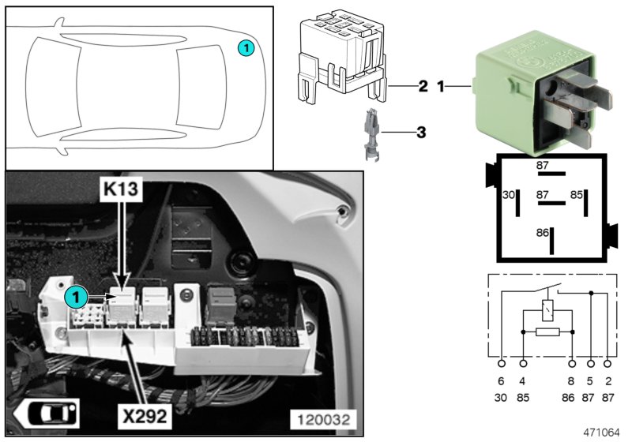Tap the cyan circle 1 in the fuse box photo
(76, 297)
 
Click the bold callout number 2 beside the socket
(423, 86)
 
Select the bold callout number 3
(421, 132)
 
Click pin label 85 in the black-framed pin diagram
(577, 194)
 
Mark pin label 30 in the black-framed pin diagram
(509, 194)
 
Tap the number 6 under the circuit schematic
(502, 381)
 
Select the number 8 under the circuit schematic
(572, 381)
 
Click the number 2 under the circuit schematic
(608, 381)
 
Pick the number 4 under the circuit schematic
(523, 381)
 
